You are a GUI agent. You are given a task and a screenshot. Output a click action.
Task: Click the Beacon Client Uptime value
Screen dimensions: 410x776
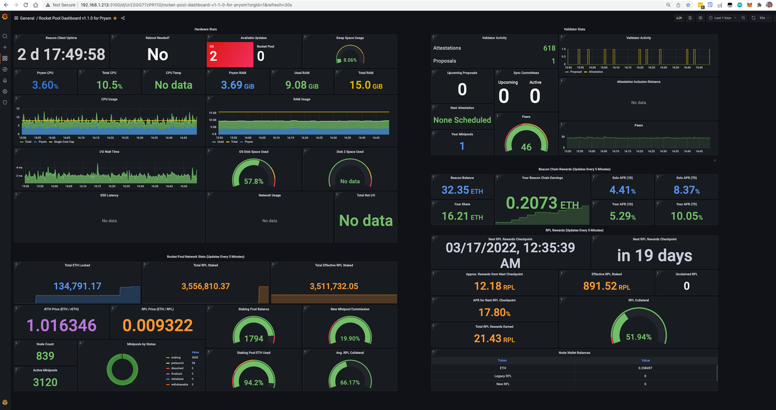[x=61, y=54]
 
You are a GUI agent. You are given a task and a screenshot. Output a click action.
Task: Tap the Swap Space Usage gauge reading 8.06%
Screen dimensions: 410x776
[x=350, y=56]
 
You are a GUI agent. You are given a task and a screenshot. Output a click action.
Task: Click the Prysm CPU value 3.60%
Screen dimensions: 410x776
[x=46, y=85]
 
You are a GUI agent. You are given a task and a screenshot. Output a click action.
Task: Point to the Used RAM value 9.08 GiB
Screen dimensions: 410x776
[x=302, y=85]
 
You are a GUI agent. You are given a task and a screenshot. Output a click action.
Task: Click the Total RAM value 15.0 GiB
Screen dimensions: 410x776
[x=365, y=85]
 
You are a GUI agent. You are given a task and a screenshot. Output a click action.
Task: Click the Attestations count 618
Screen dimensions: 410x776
[x=549, y=48]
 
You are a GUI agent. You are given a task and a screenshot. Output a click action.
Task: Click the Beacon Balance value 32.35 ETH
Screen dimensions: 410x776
[x=462, y=190]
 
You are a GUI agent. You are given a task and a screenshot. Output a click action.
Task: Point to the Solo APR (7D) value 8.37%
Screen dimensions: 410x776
[x=687, y=190]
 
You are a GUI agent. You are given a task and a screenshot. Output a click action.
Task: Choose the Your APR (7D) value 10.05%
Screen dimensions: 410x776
[x=687, y=217]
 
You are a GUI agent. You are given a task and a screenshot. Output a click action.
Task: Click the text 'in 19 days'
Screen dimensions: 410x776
[x=654, y=255]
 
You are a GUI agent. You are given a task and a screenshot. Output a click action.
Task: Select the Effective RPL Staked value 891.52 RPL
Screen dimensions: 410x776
[x=606, y=286]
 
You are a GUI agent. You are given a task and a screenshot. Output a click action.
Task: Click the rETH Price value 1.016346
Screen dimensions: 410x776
[x=61, y=325]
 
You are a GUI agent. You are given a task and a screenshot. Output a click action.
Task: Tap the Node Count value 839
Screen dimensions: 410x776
[x=45, y=356]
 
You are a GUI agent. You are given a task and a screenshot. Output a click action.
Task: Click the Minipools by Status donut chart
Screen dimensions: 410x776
[x=126, y=370]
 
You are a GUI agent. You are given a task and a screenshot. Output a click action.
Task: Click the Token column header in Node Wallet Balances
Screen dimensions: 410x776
[x=502, y=360]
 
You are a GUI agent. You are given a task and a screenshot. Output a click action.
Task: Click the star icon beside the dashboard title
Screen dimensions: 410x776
[x=115, y=18]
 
